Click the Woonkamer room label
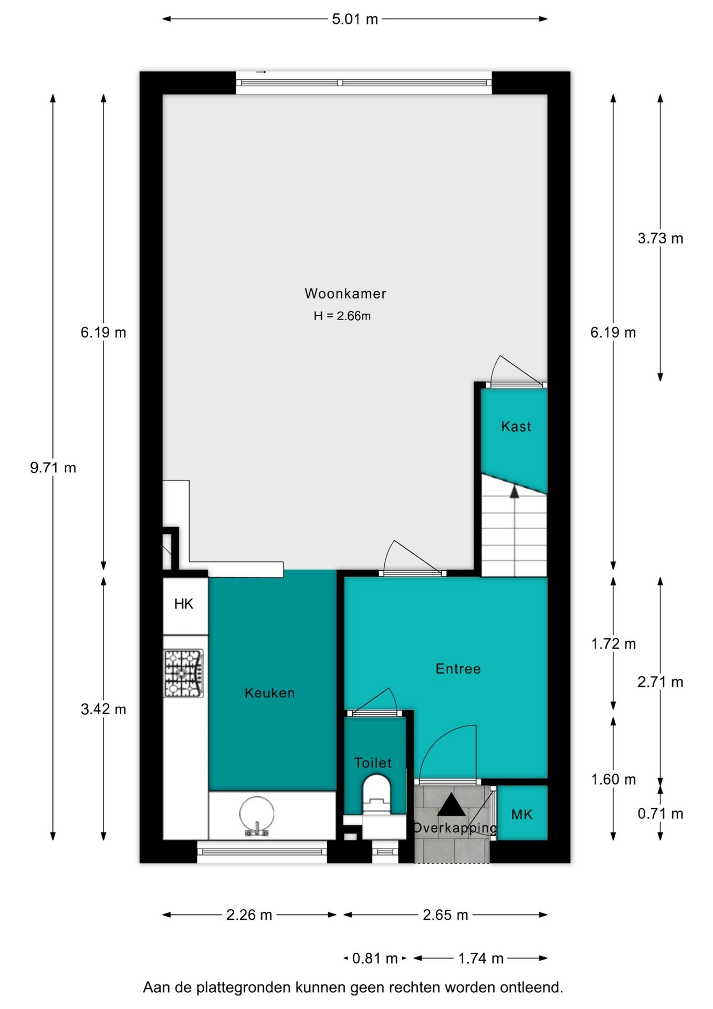coord(345,293)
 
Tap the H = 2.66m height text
coord(342,316)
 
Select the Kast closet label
coord(516,426)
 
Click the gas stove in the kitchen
coord(183,674)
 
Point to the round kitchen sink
coord(256,814)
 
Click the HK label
coord(184,604)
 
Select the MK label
coord(522,815)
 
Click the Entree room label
coord(458,668)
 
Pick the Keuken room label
coord(270,693)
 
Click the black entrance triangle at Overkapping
coord(451,805)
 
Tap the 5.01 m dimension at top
coord(355,19)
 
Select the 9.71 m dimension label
coord(53,468)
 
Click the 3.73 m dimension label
coord(660,239)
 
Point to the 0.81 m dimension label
coord(375,959)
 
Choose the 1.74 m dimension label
coord(481,959)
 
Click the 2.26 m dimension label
coord(249,915)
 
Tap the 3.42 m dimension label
coord(103,709)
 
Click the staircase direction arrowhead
coord(515,491)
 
